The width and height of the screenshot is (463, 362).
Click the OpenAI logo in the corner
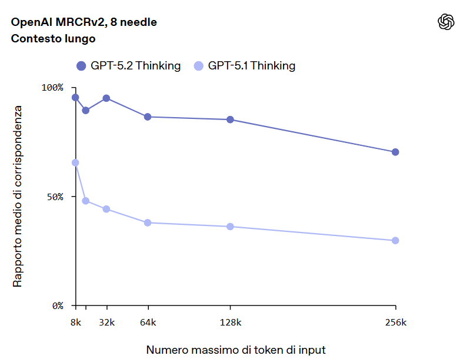coord(447,22)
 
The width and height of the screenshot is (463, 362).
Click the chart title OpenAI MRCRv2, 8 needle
coord(84,22)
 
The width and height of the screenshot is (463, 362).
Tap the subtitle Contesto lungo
coord(54,39)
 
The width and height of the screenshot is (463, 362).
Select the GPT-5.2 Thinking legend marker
coord(82,66)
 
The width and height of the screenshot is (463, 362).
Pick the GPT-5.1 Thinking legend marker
coord(199,66)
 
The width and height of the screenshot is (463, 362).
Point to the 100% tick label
coord(52,87)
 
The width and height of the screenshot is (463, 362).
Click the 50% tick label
coord(54,197)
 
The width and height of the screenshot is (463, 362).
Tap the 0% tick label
coord(56,305)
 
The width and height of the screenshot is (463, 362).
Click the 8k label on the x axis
coord(75,323)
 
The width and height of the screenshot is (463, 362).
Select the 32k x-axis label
coord(106,323)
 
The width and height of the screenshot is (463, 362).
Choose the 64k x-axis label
coord(148,323)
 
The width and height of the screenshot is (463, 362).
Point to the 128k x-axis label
coord(230,323)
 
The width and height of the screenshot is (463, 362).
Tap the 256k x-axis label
coord(395,323)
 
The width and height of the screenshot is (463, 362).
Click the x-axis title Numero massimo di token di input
coord(236,350)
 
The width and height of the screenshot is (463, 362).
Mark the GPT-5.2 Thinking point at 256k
coord(395,152)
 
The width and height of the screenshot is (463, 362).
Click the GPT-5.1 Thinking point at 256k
coord(395,241)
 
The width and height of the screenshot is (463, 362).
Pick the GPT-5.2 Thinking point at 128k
coord(230,119)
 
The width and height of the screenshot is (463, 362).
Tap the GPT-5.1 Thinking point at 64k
coord(148,222)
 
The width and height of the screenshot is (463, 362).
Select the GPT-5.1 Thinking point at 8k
coord(75,162)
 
